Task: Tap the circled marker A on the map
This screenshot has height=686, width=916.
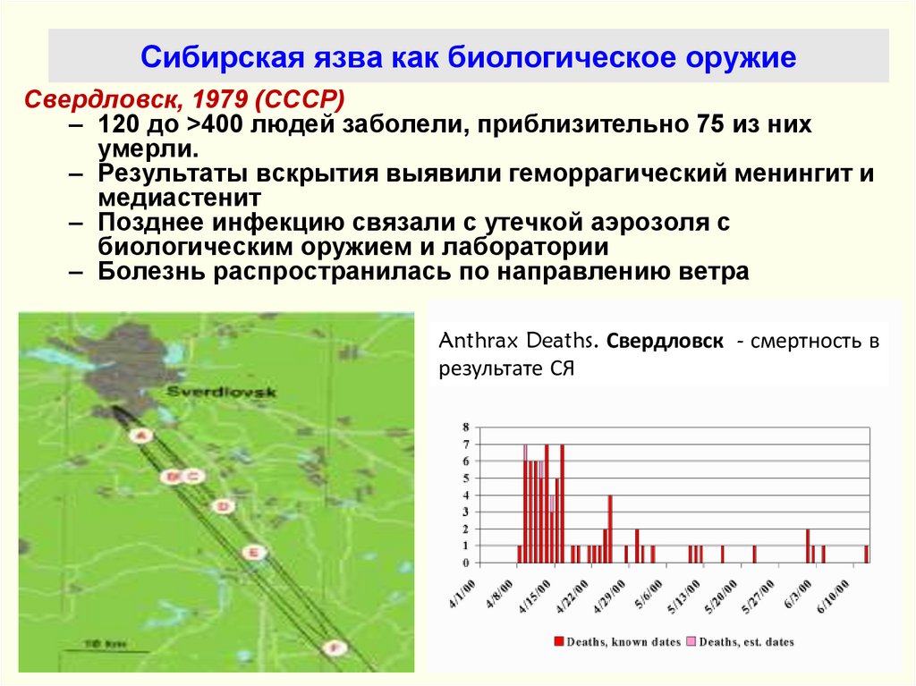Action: pyautogui.click(x=140, y=436)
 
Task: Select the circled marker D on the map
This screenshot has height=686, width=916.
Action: pyautogui.click(x=222, y=506)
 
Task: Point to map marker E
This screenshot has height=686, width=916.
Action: pyautogui.click(x=254, y=553)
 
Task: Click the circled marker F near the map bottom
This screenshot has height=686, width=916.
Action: pyautogui.click(x=333, y=647)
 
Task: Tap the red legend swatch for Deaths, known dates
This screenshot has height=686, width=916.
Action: pyautogui.click(x=559, y=641)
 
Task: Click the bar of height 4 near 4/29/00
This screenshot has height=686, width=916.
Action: pyautogui.click(x=610, y=529)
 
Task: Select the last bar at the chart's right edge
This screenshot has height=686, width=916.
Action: pyautogui.click(x=867, y=554)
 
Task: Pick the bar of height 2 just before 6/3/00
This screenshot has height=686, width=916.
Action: pyautogui.click(x=808, y=546)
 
